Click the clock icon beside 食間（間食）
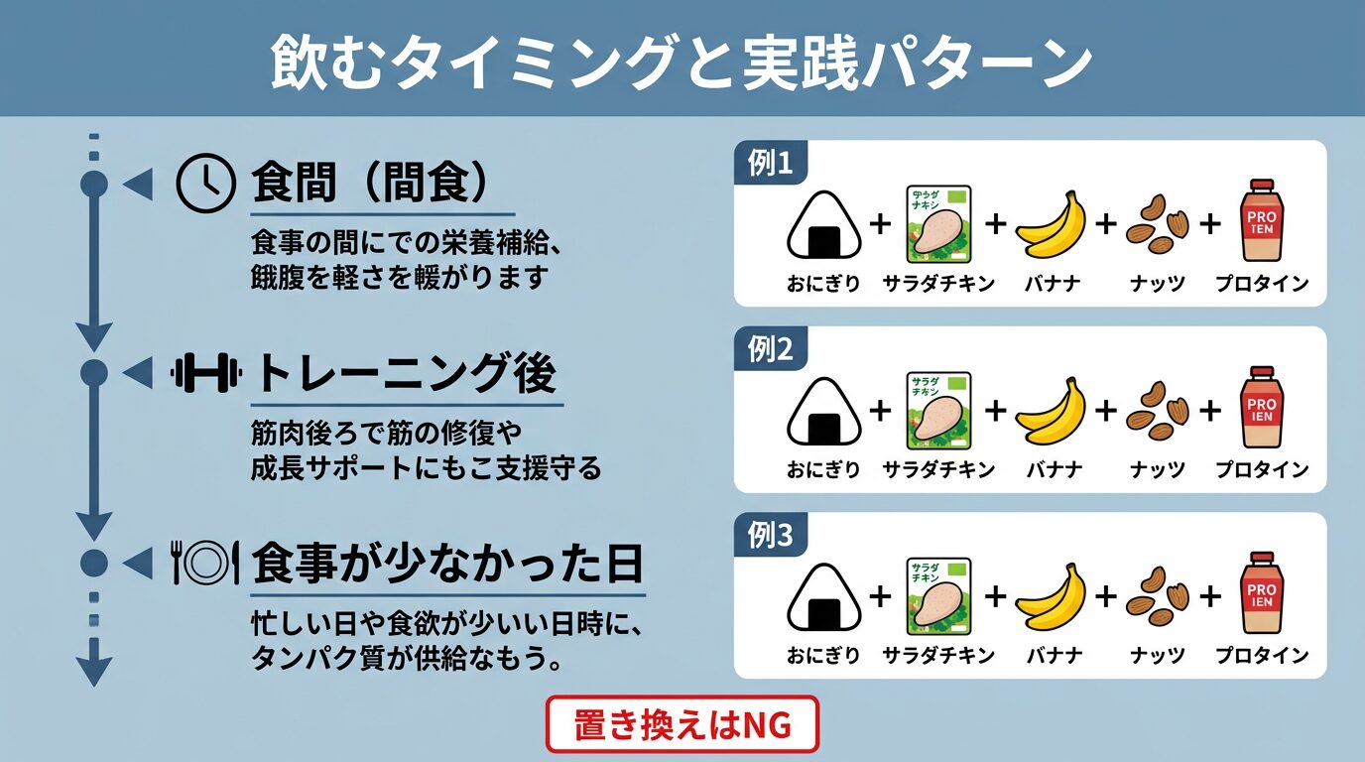point(204,184)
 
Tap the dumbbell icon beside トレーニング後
point(206,373)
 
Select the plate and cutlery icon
point(205,563)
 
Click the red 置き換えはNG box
point(682,725)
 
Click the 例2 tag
point(770,349)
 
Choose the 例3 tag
point(770,536)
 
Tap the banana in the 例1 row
point(1052,226)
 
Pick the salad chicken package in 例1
point(938,224)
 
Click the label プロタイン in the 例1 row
point(1262,284)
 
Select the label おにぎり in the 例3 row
point(823,656)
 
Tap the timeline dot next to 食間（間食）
point(93,184)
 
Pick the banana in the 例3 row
point(1052,599)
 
